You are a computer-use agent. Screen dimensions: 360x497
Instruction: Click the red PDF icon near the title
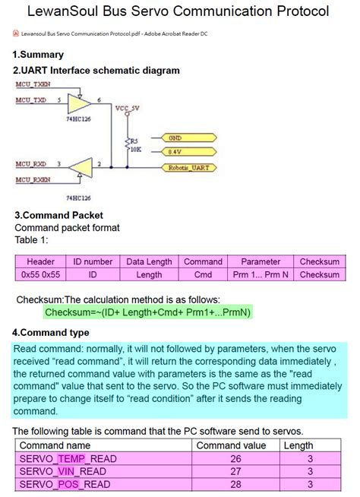[16, 34]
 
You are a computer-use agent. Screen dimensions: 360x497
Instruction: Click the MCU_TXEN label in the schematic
[33, 84]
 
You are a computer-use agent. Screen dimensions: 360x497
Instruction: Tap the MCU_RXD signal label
[31, 164]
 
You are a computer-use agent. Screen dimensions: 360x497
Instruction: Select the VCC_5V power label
[127, 109]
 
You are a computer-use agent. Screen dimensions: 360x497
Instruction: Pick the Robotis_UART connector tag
[188, 166]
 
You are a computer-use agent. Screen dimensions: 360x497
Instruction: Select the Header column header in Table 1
[41, 261]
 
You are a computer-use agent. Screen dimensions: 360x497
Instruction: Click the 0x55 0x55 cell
[41, 274]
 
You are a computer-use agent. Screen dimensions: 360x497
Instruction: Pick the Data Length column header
[150, 261]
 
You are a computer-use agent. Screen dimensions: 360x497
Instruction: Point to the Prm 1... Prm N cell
[261, 274]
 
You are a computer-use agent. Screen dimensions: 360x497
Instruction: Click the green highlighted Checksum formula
[147, 312]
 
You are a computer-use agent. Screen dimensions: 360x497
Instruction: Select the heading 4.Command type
[50, 332]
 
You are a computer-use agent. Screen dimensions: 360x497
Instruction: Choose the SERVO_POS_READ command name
[65, 485]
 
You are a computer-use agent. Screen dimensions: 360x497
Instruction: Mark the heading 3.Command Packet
[58, 215]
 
